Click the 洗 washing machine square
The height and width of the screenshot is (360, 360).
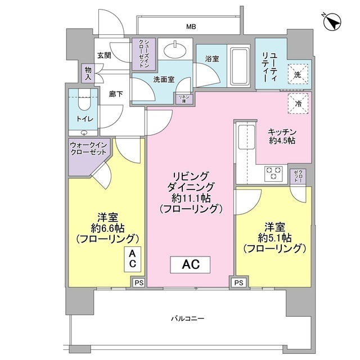click(298, 73)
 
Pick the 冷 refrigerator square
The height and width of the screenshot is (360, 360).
click(299, 102)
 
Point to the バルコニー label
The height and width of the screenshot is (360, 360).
click(187, 319)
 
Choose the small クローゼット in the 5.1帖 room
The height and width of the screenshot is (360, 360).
click(298, 177)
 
